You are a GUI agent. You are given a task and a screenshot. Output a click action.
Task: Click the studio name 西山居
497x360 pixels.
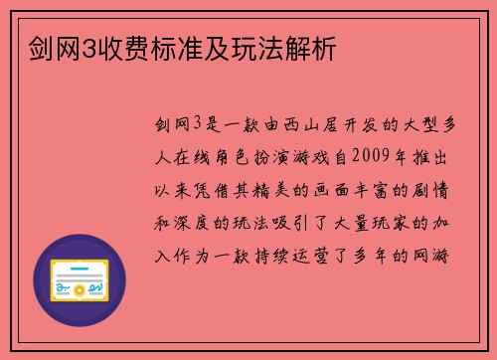point(299,124)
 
